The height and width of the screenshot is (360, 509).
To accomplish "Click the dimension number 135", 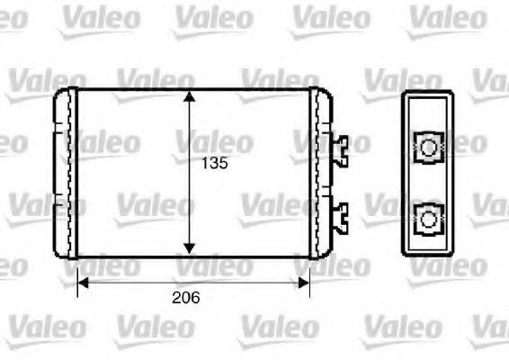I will tap(214, 164).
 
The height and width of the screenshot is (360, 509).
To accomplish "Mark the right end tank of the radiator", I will tap(321, 171).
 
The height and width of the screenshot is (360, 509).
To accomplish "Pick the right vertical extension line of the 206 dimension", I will tap(310, 274).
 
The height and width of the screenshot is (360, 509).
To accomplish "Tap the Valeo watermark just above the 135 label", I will tap(215, 141).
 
